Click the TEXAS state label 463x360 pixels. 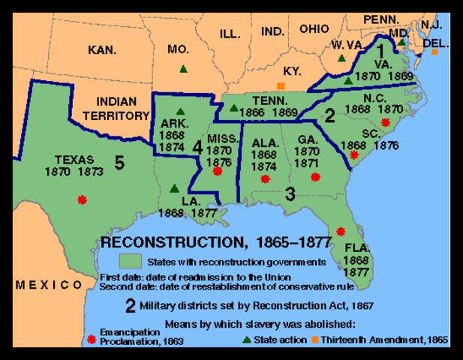(x=74, y=160)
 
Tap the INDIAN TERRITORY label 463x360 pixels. (x=116, y=109)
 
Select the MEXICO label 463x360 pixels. (x=50, y=285)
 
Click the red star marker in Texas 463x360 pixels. (x=82, y=199)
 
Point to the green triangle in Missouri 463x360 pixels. (x=183, y=69)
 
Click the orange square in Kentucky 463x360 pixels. (x=281, y=86)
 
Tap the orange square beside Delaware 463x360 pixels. (x=434, y=52)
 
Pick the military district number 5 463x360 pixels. (x=119, y=162)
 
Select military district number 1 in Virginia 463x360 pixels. (x=380, y=51)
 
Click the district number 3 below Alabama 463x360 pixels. (x=289, y=193)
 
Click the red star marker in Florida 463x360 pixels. (x=341, y=231)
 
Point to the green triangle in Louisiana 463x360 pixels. (x=174, y=189)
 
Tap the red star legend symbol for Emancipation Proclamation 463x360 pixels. (x=92, y=339)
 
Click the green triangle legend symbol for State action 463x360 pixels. (x=247, y=340)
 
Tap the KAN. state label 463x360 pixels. (x=102, y=50)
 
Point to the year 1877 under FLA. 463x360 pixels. (x=357, y=273)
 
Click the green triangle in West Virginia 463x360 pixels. (x=341, y=58)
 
